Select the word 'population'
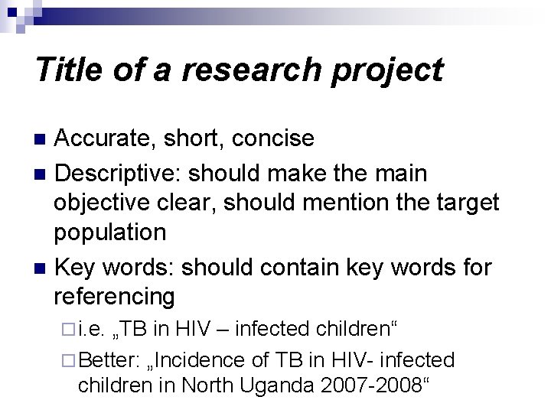pos(110,233)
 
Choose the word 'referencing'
pos(114,296)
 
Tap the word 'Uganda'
pos(279,385)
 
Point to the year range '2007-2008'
pos(370,385)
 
